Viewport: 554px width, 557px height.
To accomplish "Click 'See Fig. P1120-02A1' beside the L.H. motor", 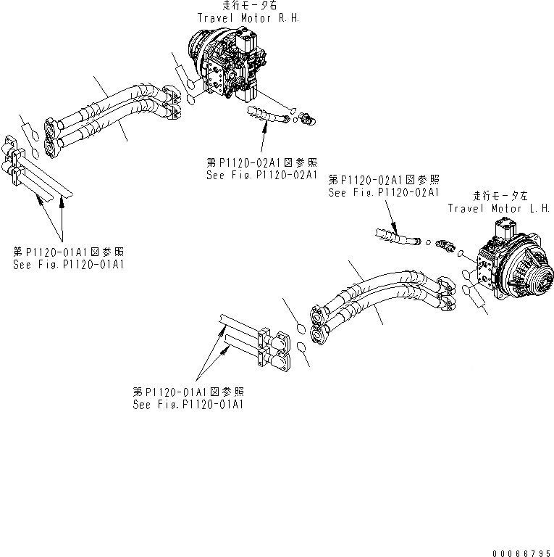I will tap(384, 192).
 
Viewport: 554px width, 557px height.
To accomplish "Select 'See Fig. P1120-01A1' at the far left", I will tap(68, 264).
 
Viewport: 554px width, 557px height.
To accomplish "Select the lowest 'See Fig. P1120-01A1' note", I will tap(188, 403).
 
